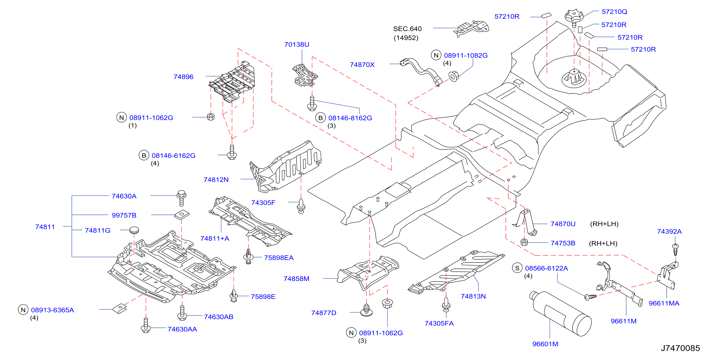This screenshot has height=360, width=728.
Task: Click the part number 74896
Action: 183,77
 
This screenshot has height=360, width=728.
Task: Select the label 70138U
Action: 297,44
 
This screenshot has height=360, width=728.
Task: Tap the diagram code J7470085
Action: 680,348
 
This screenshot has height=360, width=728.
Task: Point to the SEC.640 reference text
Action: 407,29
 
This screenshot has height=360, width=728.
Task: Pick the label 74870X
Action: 362,65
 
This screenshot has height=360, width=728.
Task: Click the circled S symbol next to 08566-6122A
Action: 517,268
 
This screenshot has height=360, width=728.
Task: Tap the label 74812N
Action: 216,180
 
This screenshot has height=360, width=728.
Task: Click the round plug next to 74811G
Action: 134,230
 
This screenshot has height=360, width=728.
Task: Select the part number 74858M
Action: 296,278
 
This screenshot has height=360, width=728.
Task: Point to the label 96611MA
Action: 664,303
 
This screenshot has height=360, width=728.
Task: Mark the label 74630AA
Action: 182,329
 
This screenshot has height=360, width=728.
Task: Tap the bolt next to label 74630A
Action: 182,198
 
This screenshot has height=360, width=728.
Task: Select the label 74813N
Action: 473,296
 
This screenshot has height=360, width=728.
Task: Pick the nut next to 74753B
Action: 524,242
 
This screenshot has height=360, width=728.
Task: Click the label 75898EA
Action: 279,258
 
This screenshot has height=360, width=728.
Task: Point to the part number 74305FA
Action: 439,323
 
